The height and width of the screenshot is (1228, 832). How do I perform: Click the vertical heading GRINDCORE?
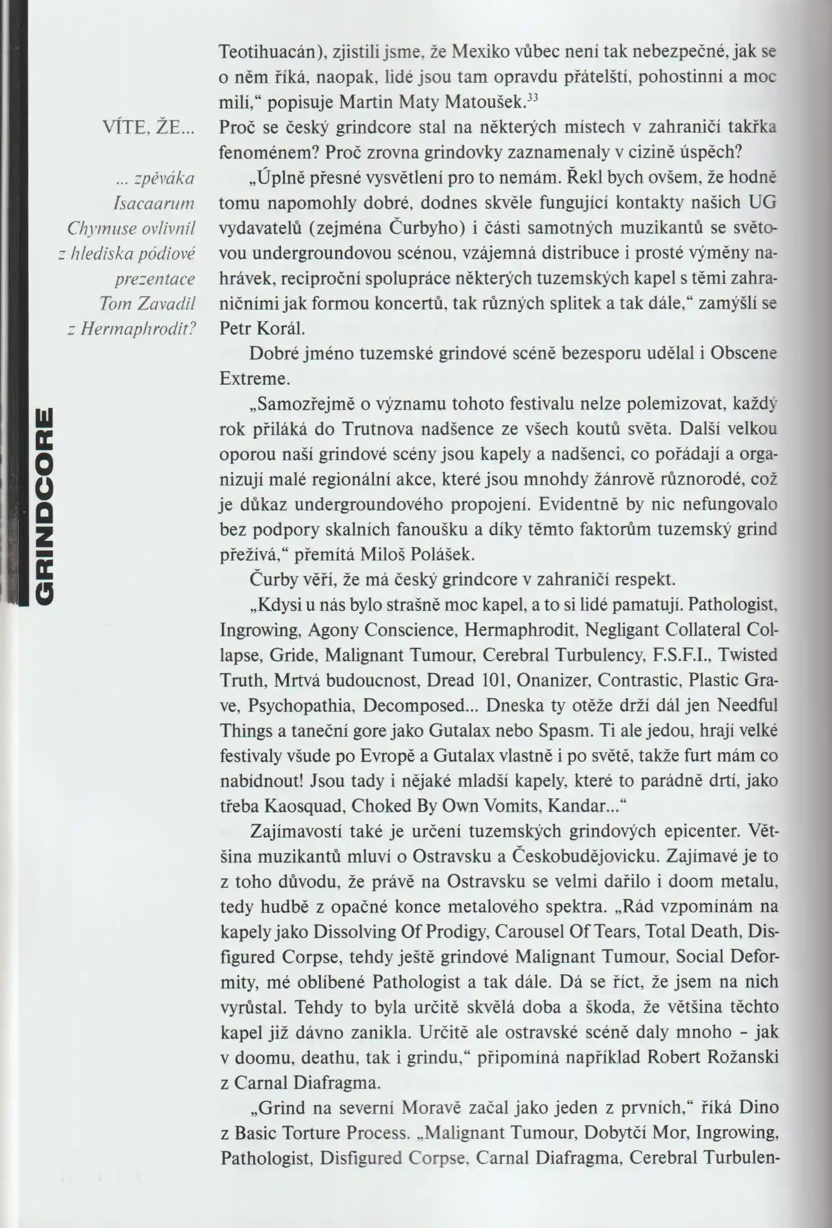click(43, 506)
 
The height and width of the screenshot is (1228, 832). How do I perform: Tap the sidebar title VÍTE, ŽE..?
click(149, 128)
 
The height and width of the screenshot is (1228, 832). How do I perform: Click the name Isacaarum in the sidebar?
click(154, 203)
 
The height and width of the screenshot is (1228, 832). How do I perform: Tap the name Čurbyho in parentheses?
click(427, 228)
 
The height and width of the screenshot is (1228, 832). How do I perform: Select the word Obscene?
click(744, 353)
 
